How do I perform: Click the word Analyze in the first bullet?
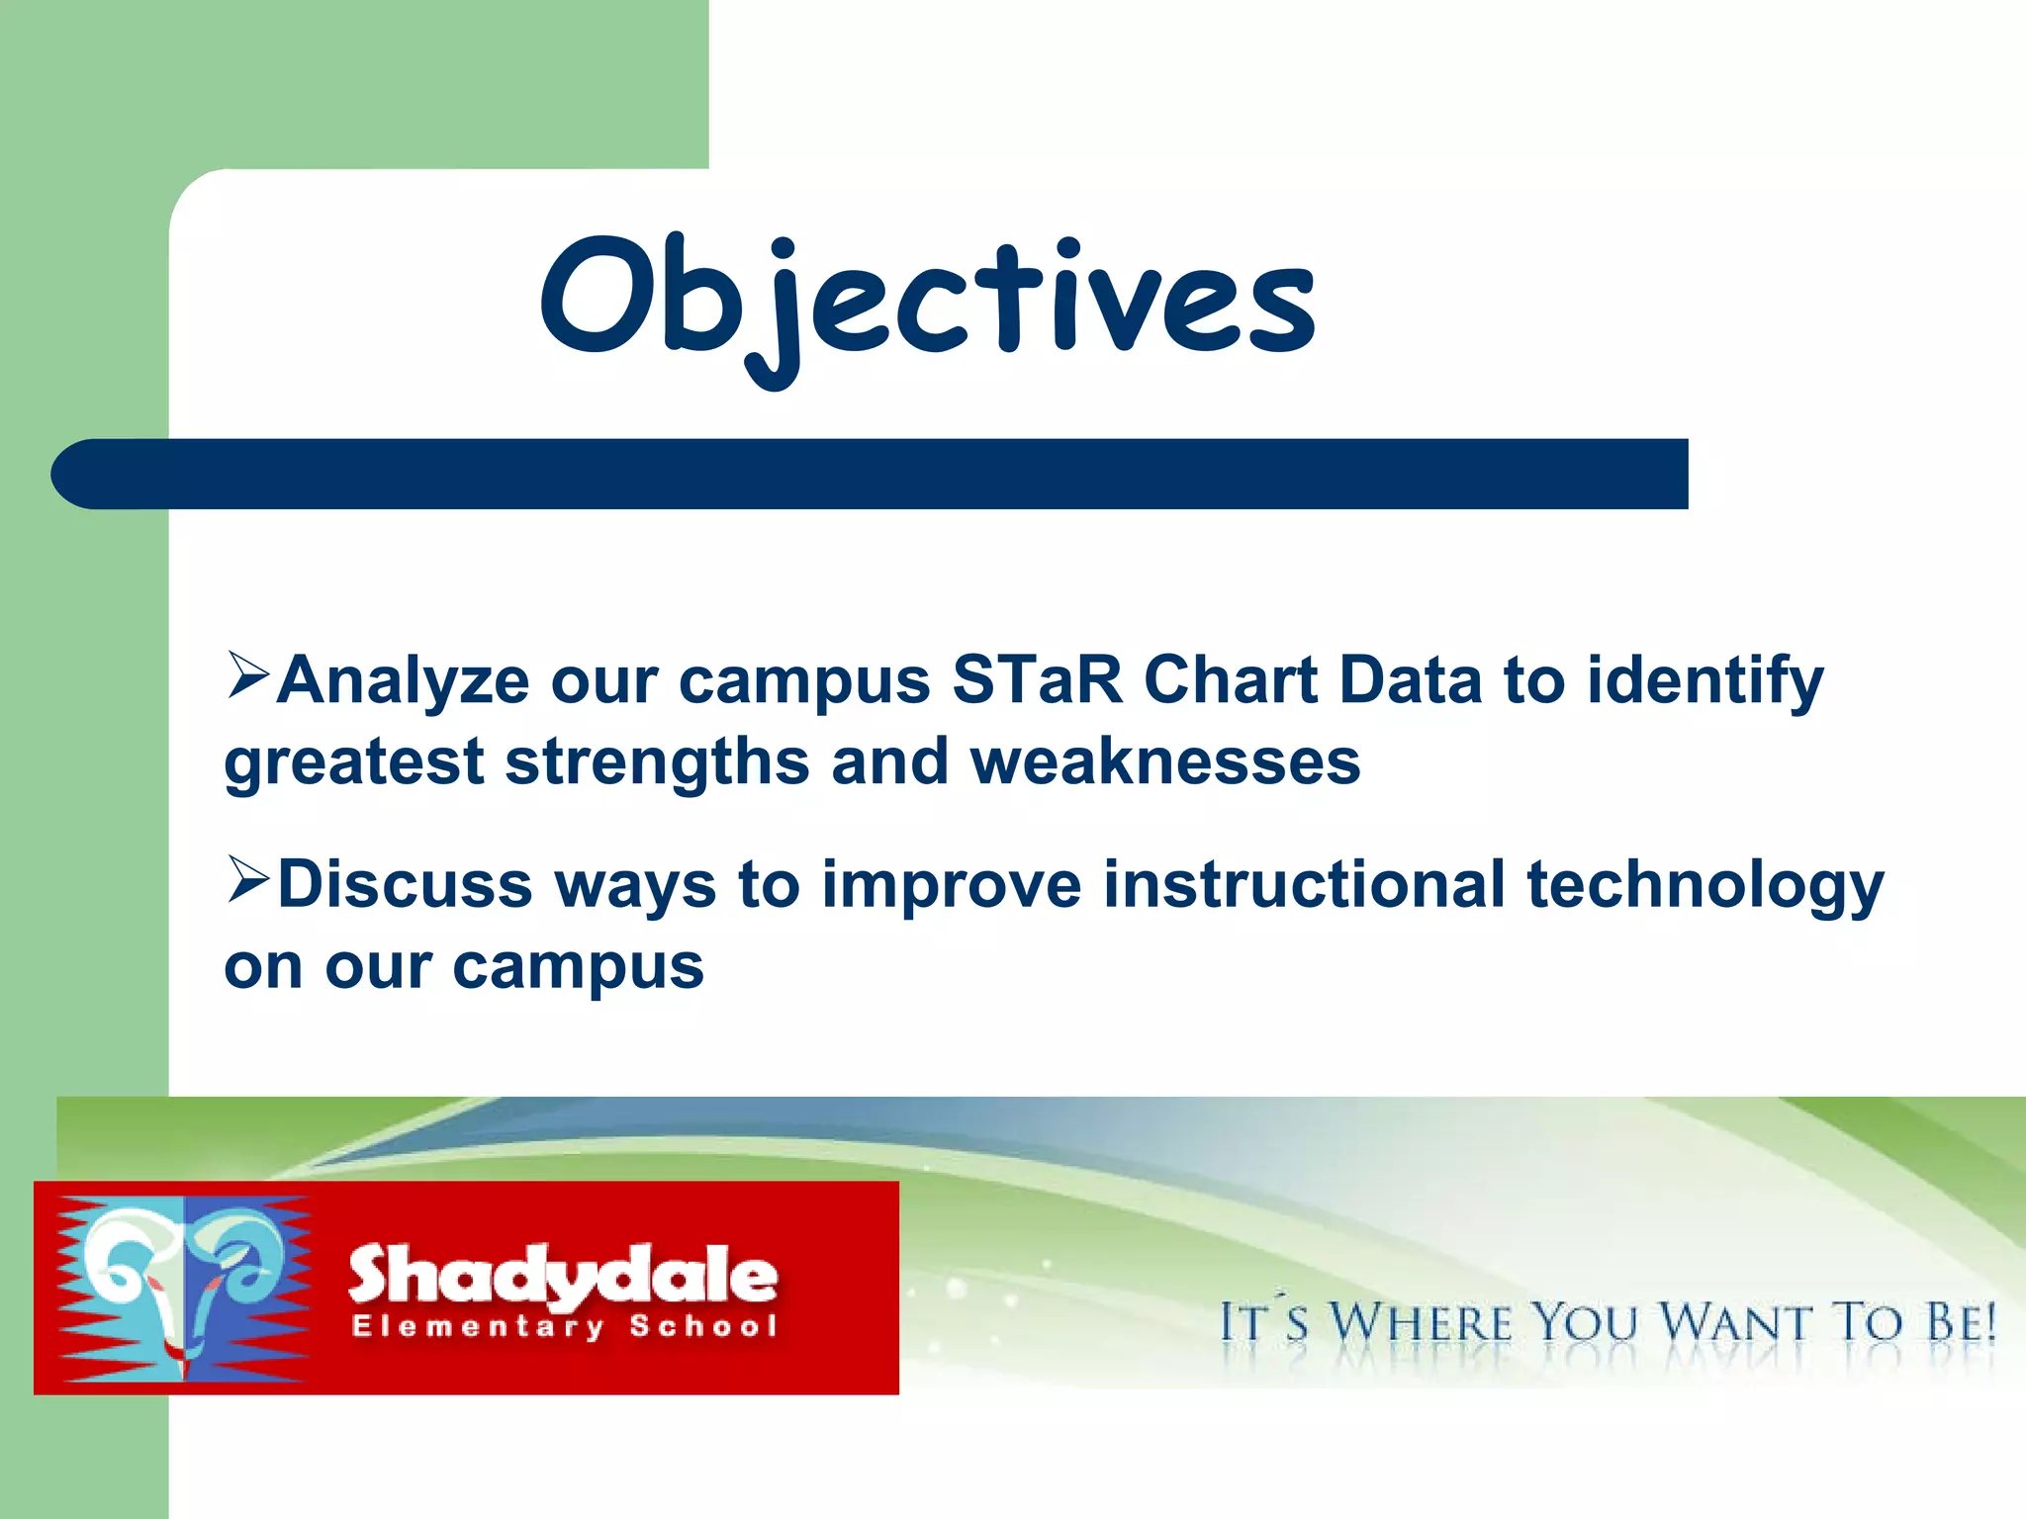[403, 682]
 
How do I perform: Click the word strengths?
[657, 763]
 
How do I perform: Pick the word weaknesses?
[1164, 763]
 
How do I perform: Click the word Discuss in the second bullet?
[405, 884]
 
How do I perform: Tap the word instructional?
[1304, 884]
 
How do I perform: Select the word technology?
[1704, 886]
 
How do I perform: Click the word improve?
[952, 886]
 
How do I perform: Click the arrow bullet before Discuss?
[247, 879]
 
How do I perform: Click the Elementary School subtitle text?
[564, 1326]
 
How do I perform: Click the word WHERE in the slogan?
[1421, 1323]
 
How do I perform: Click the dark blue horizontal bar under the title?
[871, 474]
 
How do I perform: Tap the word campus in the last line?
[578, 967]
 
